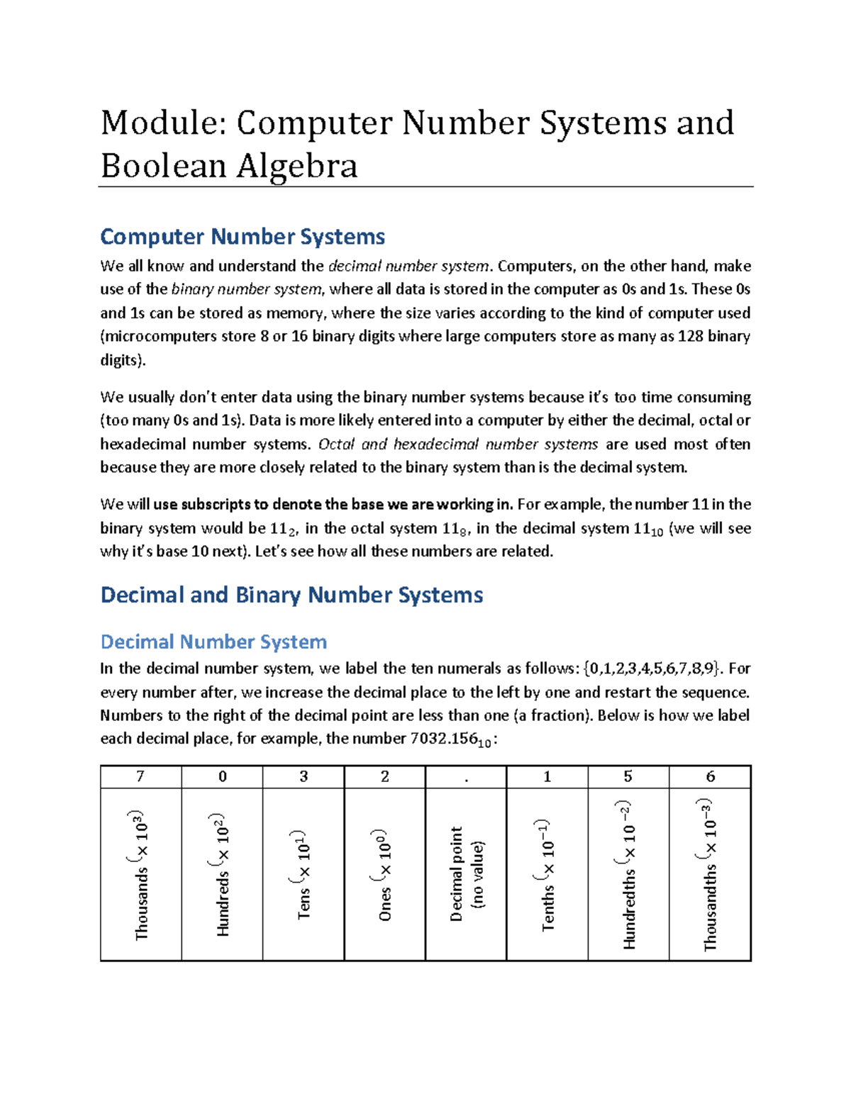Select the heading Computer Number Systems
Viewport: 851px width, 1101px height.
click(243, 236)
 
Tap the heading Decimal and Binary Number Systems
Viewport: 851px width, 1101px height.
click(291, 594)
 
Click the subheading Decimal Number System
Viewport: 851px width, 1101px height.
click(213, 642)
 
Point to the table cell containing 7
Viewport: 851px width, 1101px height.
click(140, 777)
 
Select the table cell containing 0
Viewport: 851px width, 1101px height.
click(222, 777)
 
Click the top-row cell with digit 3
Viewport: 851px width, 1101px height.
click(304, 777)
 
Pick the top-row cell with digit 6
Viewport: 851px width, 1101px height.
click(710, 777)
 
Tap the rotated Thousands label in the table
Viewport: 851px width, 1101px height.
click(141, 875)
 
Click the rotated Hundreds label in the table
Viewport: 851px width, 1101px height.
click(223, 875)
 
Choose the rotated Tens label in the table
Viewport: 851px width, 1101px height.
click(304, 875)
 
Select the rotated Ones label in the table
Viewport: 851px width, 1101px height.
click(384, 875)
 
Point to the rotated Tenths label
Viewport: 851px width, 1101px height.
click(547, 875)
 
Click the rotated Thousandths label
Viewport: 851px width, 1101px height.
click(710, 875)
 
